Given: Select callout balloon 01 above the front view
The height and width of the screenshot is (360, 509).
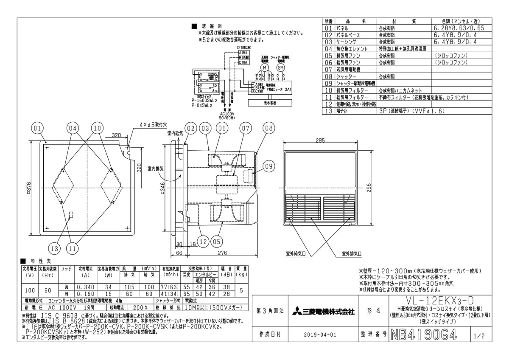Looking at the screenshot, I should tap(37, 128).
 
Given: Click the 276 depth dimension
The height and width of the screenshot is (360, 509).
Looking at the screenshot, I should tap(222, 253).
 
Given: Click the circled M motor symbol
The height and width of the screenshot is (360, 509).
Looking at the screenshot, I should tap(264, 67).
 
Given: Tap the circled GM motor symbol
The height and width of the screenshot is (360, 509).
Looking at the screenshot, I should tap(280, 67).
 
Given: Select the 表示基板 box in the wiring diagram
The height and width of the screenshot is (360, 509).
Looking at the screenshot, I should tap(270, 102).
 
